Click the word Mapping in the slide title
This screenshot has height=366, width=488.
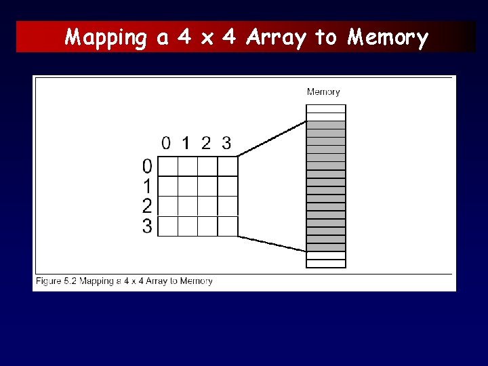(105, 38)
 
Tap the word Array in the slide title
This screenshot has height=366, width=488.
(275, 38)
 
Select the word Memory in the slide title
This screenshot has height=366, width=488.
(388, 38)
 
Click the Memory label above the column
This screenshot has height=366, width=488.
(323, 91)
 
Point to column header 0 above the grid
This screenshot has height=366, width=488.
(166, 143)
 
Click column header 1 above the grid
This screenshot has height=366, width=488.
(186, 143)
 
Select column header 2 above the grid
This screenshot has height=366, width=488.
(206, 143)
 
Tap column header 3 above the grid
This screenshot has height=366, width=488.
(226, 143)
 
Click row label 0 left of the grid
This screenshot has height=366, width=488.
(147, 166)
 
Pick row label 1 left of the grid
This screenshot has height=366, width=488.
(147, 186)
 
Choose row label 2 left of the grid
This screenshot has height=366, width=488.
(147, 205)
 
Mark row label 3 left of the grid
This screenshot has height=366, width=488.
(147, 226)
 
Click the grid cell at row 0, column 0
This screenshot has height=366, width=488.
(168, 167)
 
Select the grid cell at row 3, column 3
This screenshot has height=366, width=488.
(228, 226)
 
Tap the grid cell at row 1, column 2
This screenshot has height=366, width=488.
(207, 186)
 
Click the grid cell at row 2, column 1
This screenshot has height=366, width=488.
(188, 206)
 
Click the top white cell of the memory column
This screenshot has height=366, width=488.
(326, 108)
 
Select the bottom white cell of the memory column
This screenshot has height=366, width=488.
(326, 264)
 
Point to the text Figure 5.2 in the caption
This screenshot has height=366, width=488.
(56, 281)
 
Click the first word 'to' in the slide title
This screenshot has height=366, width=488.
(325, 38)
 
